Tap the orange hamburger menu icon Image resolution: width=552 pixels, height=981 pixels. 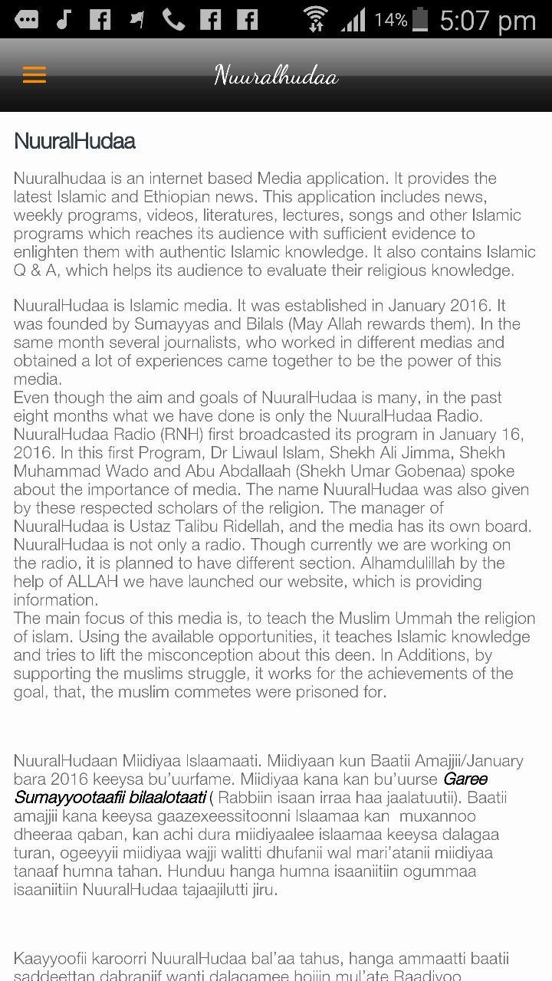[x=34, y=75]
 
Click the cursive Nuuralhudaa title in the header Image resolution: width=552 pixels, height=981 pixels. [x=276, y=76]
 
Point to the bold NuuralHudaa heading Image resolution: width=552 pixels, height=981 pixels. [x=74, y=141]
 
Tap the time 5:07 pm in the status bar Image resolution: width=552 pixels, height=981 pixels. [x=488, y=20]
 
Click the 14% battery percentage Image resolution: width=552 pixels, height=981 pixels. [x=390, y=20]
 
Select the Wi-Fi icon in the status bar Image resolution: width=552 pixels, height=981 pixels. [x=315, y=19]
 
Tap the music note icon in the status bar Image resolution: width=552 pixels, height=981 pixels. [x=64, y=19]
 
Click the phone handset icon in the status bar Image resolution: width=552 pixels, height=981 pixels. [x=173, y=19]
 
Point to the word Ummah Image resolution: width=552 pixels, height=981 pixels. [x=370, y=618]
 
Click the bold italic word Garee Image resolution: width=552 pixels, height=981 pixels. [x=465, y=779]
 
